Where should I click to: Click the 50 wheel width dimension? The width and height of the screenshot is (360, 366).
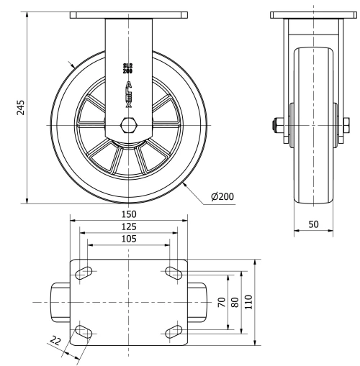[x=314, y=224]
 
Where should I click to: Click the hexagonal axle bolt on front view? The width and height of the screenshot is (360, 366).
[x=130, y=126]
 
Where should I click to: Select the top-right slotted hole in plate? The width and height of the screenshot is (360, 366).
[x=174, y=272]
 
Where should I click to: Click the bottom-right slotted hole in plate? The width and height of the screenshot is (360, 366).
[x=174, y=331]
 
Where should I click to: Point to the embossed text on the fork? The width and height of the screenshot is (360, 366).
[x=129, y=86]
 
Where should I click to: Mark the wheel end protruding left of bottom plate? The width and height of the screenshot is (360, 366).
[x=60, y=302]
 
